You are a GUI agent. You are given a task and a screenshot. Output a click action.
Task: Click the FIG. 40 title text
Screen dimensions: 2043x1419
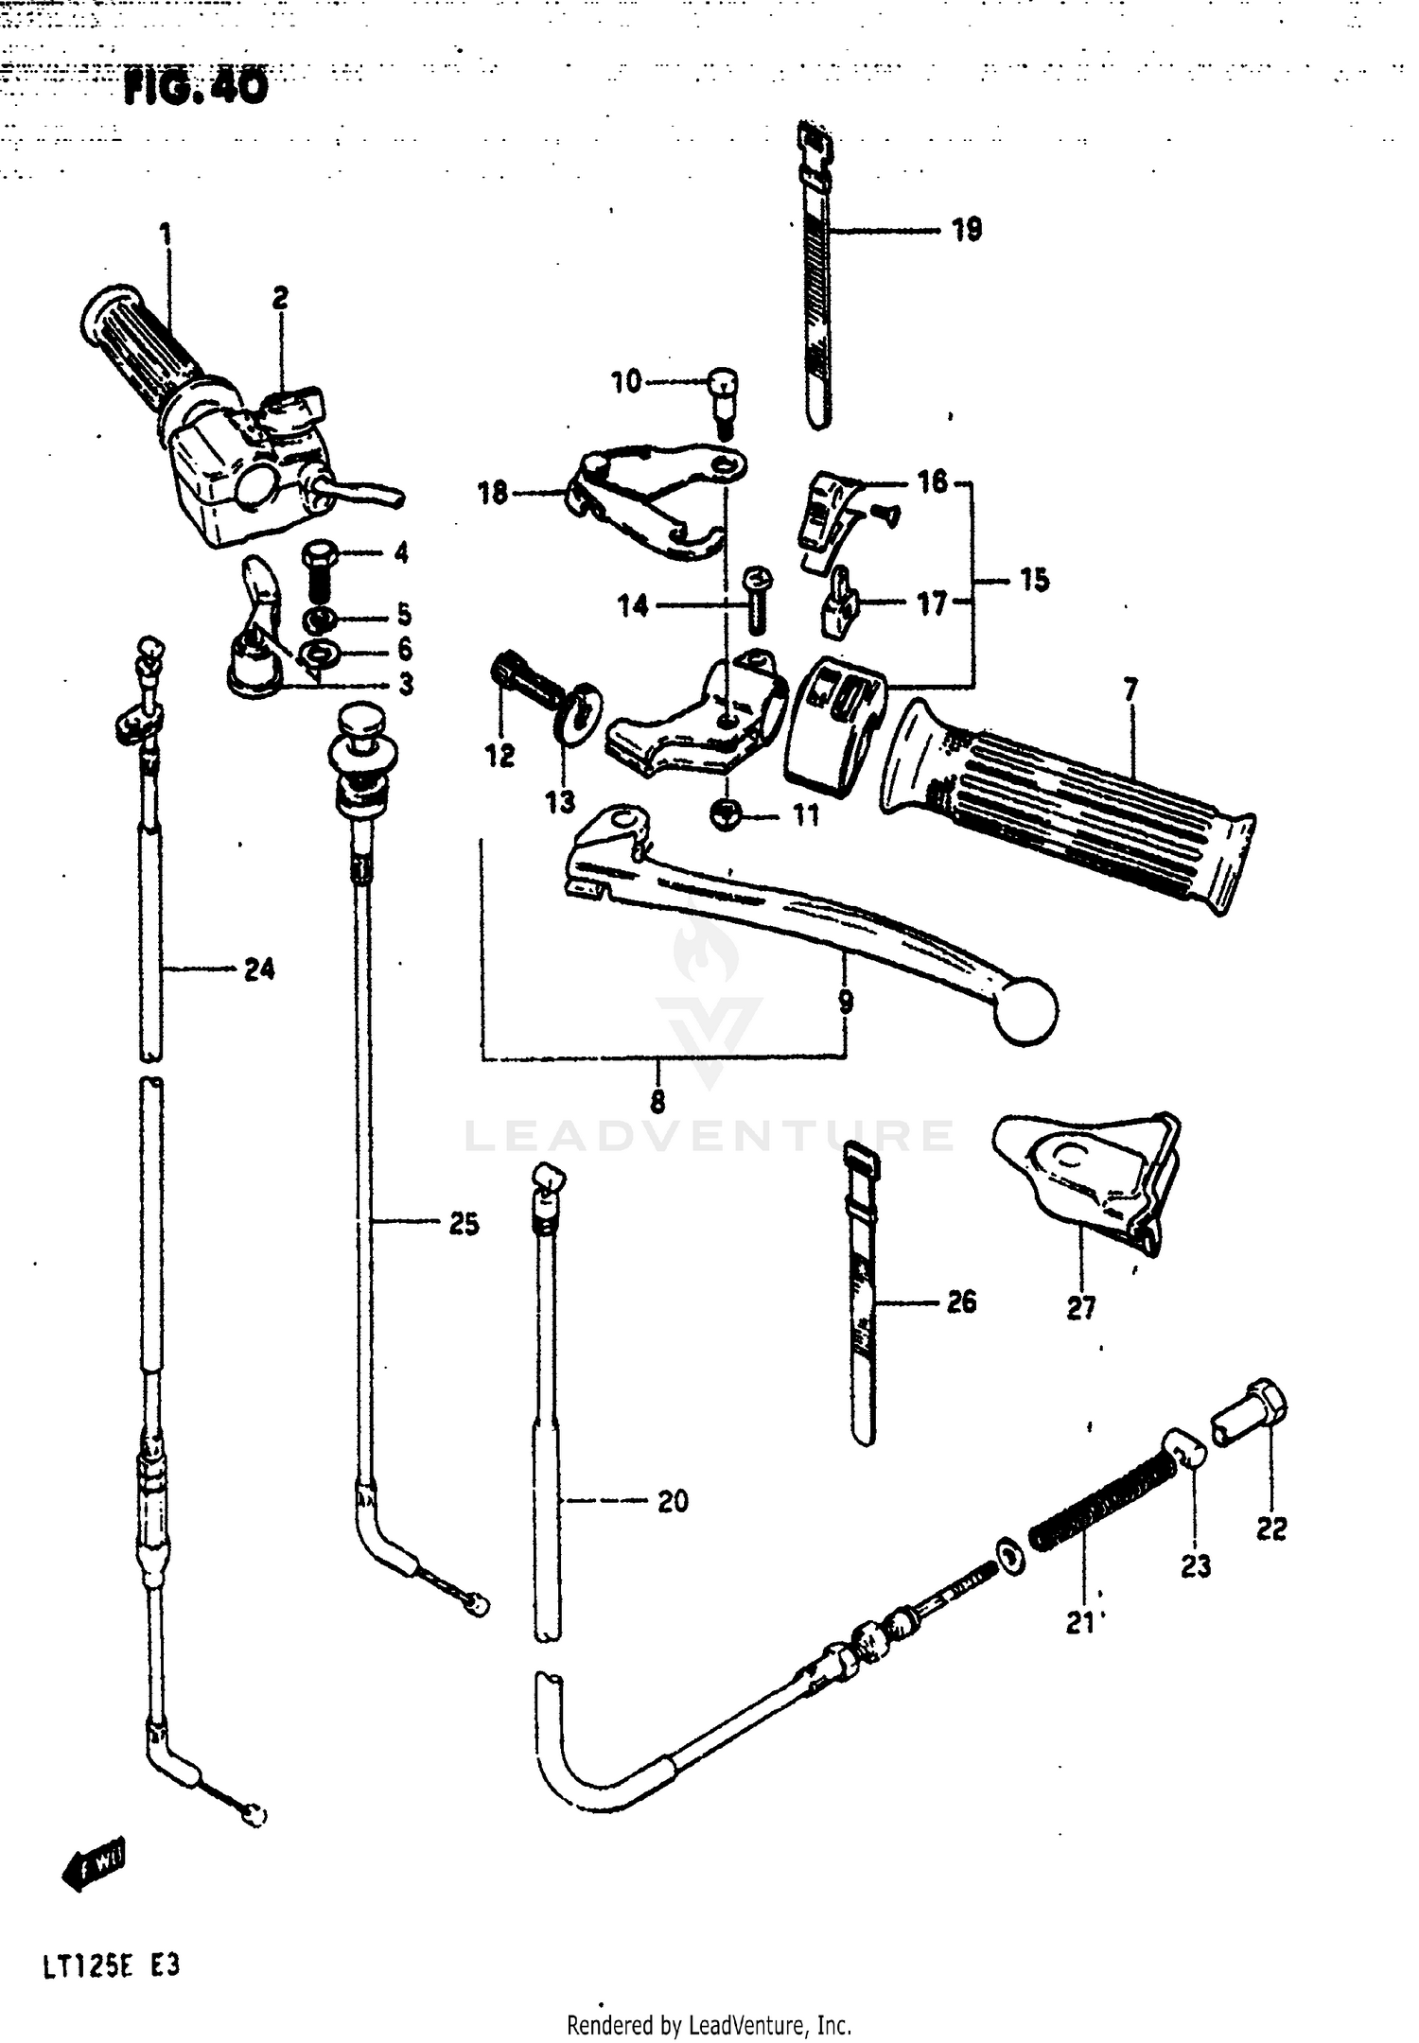(196, 88)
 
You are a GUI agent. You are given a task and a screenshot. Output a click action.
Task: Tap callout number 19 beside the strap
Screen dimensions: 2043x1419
(966, 230)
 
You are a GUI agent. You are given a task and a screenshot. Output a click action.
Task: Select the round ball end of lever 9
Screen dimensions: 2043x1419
(1025, 1012)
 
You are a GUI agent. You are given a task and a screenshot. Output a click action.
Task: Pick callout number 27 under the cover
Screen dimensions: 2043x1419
(1080, 1308)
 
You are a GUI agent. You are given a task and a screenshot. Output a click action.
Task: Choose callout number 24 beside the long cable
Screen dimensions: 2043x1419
(259, 969)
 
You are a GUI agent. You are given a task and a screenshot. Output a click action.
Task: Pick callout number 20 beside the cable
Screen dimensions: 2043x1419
(673, 1501)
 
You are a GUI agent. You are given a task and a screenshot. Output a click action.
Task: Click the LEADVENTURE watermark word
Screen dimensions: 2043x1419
(709, 1135)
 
